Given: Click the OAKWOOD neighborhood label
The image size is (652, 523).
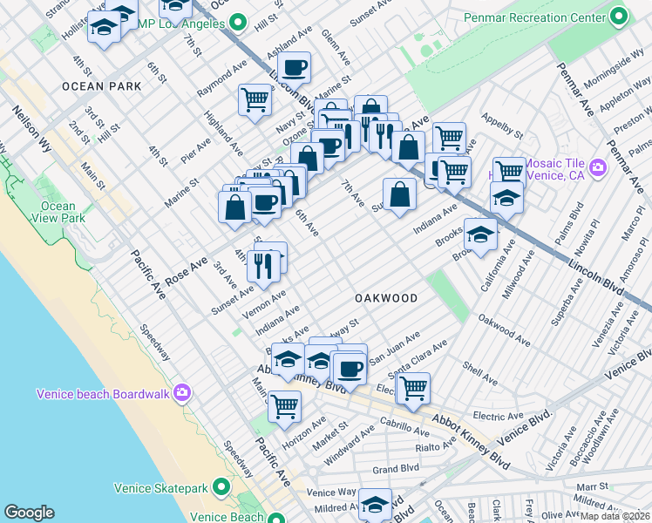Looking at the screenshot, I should pos(386,298).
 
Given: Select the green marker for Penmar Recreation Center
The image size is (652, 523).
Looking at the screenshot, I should pos(619,16).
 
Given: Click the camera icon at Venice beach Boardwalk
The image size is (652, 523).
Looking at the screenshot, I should pos(181,393).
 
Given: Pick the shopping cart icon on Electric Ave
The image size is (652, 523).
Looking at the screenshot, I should pos(413,386).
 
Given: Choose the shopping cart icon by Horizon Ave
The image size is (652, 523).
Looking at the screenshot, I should pos(284,405).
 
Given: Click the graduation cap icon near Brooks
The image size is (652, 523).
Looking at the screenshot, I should pos(479,233).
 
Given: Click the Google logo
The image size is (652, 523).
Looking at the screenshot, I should pos(29,513).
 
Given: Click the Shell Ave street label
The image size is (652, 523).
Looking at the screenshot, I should pos(479,375).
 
